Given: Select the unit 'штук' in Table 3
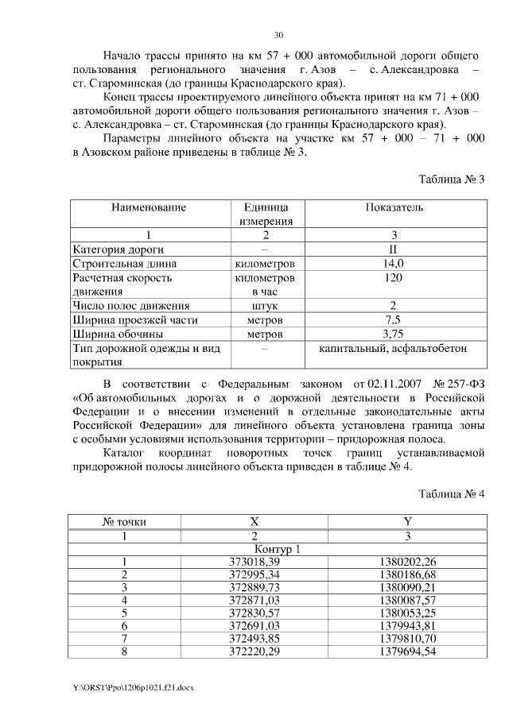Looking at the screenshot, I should [x=266, y=305].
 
